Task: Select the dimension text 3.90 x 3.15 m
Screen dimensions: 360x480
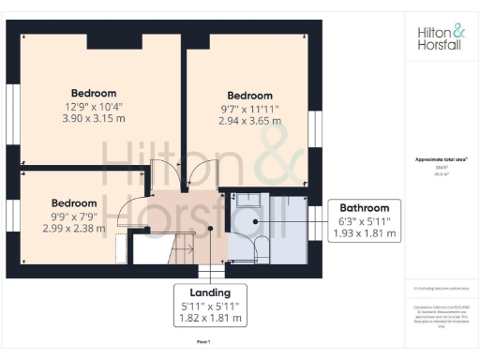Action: [92, 120]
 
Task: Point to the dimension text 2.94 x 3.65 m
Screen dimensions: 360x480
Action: [250, 122]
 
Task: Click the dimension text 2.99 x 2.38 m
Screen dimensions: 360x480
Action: [74, 229]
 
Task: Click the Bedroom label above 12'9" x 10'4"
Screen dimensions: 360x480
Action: [92, 93]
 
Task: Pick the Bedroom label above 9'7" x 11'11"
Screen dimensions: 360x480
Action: [250, 96]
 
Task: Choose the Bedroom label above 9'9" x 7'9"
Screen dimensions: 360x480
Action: [74, 202]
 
